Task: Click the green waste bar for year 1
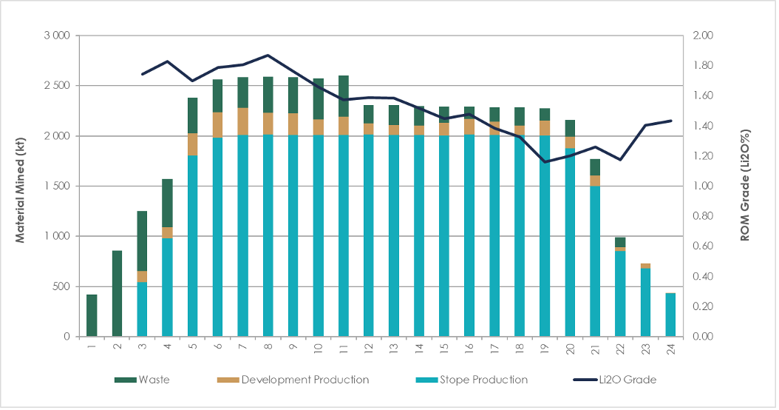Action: click(x=92, y=315)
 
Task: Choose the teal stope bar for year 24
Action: click(x=670, y=315)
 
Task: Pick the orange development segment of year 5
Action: click(x=192, y=144)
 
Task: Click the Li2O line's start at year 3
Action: click(x=142, y=74)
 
